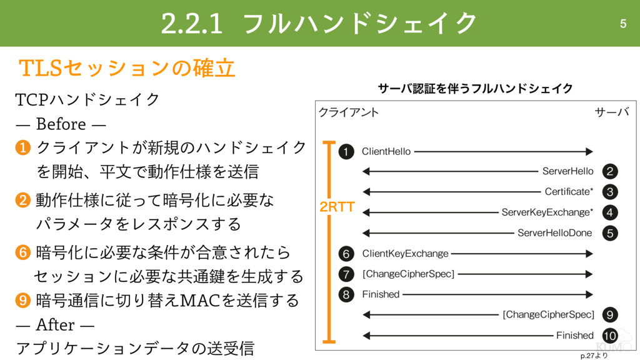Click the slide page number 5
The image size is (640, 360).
point(622,24)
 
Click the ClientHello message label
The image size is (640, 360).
point(386,151)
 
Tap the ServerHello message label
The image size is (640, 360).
point(567,171)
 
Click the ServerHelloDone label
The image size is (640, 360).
point(554,233)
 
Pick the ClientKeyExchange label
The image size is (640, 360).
point(405,254)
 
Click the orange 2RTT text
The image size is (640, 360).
point(337,207)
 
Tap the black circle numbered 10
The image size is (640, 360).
point(610,335)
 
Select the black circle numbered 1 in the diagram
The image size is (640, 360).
point(346,151)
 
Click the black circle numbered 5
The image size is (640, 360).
point(610,233)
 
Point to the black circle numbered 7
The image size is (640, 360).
point(346,274)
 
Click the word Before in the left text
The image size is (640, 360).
point(61,123)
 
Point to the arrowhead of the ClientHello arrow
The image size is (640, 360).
point(589,151)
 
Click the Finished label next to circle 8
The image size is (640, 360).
point(381,294)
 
